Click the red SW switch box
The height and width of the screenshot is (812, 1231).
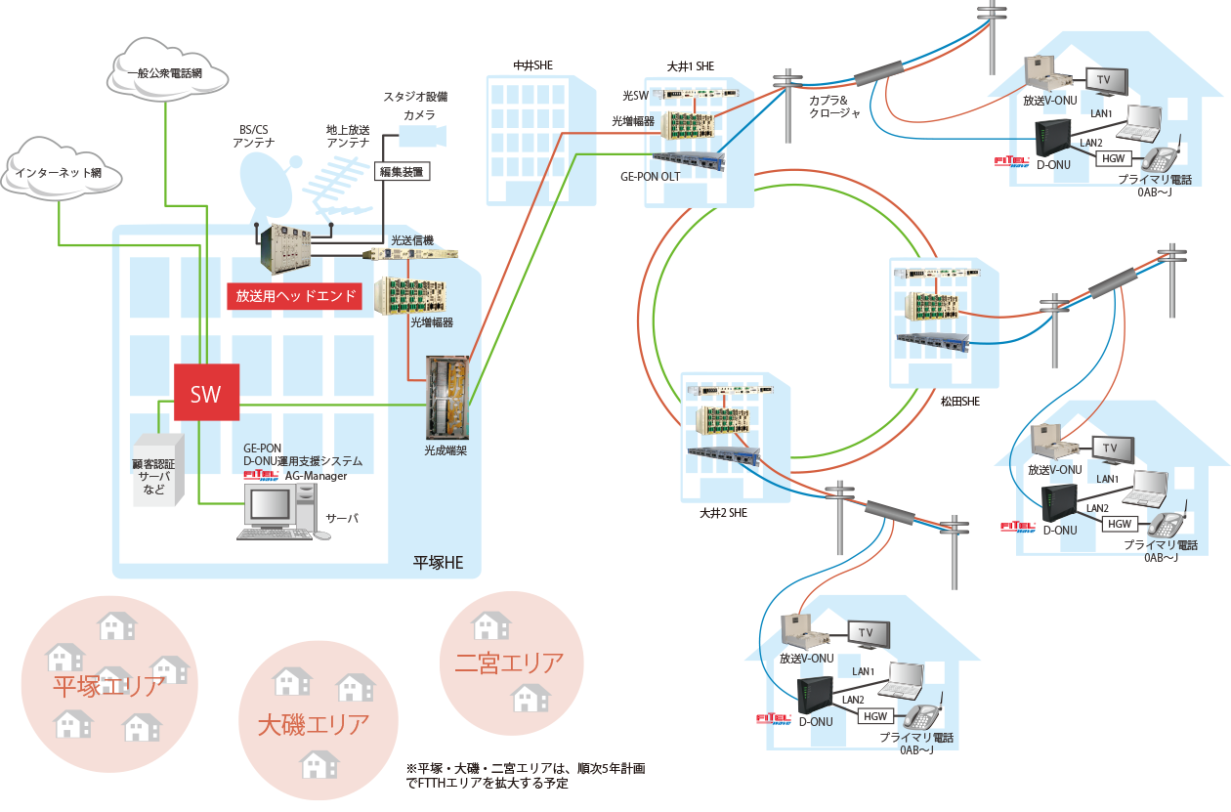point(205,395)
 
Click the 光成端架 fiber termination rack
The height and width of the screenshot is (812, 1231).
point(446,398)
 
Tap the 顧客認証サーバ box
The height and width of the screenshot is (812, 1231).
point(158,469)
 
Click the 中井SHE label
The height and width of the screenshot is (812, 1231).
point(533,65)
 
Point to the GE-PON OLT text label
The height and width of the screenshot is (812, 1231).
point(650,178)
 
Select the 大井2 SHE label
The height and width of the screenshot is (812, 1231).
point(723,512)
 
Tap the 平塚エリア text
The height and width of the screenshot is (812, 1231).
point(108,686)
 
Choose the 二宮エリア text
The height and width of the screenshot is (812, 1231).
point(509,662)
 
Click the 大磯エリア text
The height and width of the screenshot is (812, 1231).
point(314,724)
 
